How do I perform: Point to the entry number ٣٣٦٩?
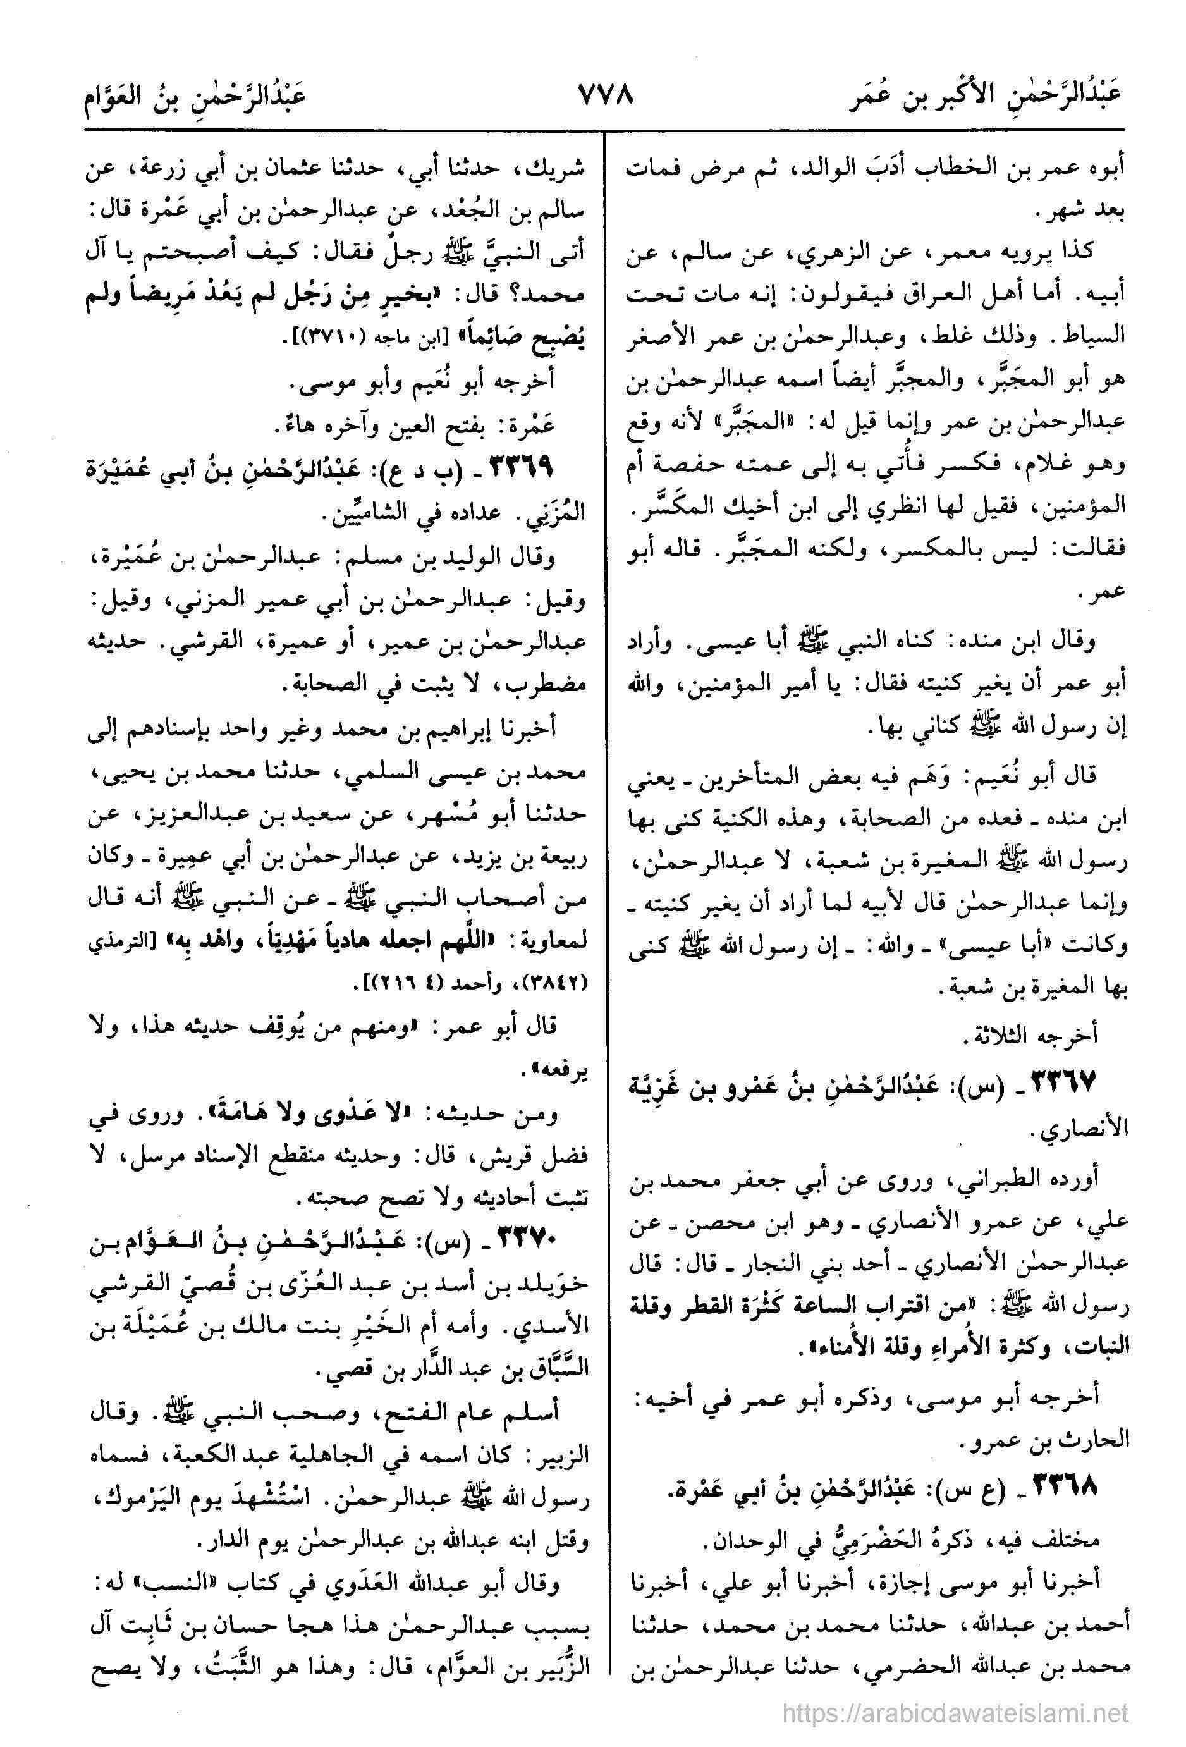coord(517,467)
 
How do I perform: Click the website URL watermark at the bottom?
coord(955,1712)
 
